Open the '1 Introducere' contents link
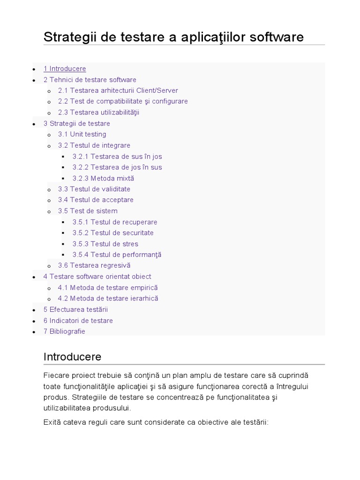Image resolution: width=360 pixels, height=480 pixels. [65, 69]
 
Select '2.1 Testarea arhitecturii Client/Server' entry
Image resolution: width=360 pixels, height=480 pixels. [118, 90]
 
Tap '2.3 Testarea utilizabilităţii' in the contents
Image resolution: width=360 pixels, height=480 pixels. [98, 112]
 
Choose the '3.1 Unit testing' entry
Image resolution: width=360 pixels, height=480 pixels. [82, 135]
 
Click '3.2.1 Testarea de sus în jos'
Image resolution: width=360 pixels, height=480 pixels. [117, 157]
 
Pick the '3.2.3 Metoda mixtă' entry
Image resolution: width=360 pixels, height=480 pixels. [103, 179]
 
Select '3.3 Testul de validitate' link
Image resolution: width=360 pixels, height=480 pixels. [94, 189]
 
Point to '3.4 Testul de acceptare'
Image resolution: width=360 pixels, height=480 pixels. [96, 200]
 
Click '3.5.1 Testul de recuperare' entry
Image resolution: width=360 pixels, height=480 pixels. [115, 222]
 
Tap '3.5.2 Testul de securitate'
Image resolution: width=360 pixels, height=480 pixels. [113, 233]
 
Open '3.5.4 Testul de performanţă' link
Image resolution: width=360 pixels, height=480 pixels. [117, 255]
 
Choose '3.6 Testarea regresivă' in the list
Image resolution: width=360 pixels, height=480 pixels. [94, 266]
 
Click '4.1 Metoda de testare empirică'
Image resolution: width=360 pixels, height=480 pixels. [108, 288]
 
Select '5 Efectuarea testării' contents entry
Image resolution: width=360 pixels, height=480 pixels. [75, 310]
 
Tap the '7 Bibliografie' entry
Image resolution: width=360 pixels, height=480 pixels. [64, 331]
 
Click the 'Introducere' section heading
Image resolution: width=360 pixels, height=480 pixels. [72, 357]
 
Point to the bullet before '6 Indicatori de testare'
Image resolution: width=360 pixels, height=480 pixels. [34, 321]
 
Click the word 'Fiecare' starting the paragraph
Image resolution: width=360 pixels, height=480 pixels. [56, 376]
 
